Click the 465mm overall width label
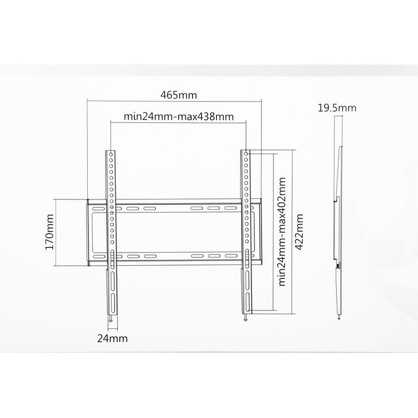pos(179,95)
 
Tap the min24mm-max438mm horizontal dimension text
pos(179,117)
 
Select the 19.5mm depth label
pos(337,108)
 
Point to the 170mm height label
pos(50,232)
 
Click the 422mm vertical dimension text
pos(299,232)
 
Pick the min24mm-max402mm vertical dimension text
pos(282,232)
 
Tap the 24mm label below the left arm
pos(112,339)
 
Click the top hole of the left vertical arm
pos(110,154)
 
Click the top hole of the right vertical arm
pos(246,154)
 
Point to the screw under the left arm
pos(110,318)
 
